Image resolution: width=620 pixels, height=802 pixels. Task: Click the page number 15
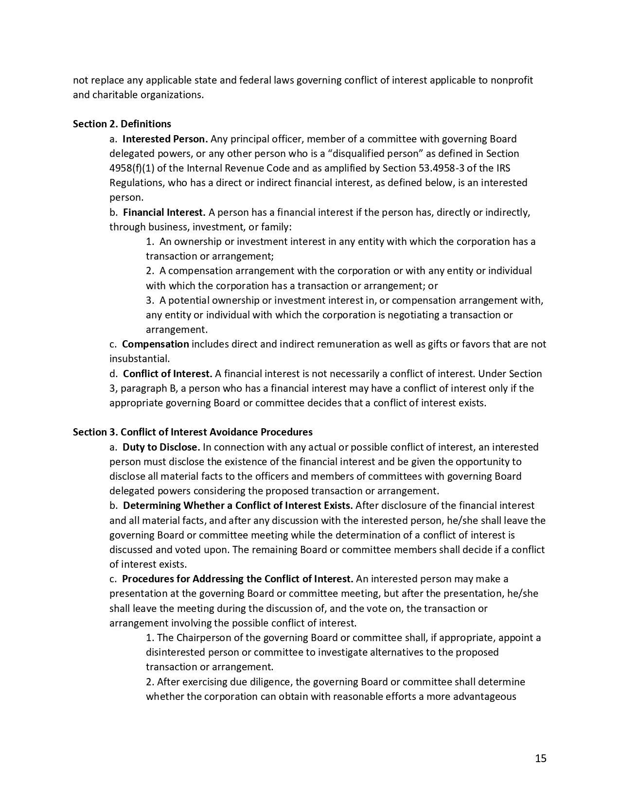coord(541,758)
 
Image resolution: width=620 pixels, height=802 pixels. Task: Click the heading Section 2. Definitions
coord(122,124)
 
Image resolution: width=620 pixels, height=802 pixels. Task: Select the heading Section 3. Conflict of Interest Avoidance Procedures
coord(193,432)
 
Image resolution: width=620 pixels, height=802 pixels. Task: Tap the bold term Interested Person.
coord(165,139)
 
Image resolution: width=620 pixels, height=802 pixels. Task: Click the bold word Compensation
coord(155,344)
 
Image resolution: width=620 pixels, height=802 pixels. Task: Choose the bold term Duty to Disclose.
coord(161,447)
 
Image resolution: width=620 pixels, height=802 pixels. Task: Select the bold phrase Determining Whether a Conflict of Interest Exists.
coord(238,506)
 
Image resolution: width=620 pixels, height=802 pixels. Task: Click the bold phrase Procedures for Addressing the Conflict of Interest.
coord(237,579)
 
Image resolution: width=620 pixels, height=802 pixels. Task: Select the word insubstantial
coord(139,359)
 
